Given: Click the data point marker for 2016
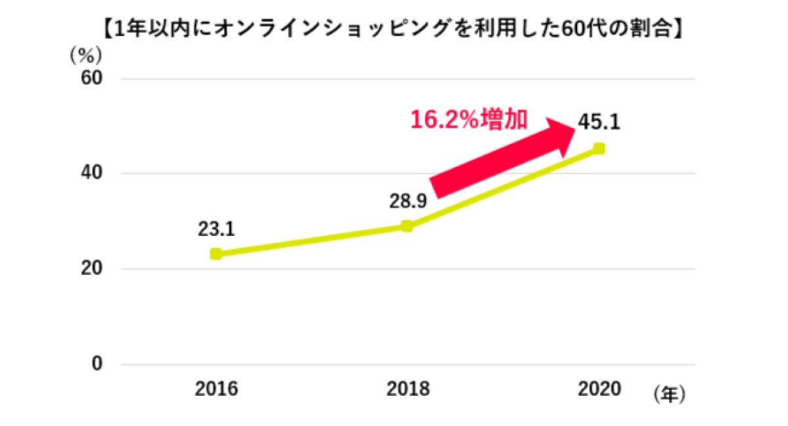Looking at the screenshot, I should (x=215, y=254).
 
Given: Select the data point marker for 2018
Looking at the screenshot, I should (x=407, y=226).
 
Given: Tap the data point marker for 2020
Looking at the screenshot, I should (x=599, y=149).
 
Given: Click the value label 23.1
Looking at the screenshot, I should (x=216, y=229).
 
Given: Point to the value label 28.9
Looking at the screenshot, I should (x=407, y=201).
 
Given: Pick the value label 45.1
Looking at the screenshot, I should (x=600, y=123).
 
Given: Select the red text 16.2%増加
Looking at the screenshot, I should (x=468, y=120).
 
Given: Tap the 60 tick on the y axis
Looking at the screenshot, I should (x=92, y=79).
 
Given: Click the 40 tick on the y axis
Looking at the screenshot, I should (x=92, y=174).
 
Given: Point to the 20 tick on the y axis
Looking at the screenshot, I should (x=92, y=269).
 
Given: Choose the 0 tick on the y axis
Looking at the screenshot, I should (x=97, y=364).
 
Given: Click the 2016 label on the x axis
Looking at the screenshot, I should (x=216, y=389).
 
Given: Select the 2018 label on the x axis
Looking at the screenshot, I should (x=407, y=389).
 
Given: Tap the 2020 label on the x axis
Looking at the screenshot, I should (x=599, y=389).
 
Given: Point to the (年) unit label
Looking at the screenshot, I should (x=669, y=394).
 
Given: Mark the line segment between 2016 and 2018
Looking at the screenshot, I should (x=311, y=240).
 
